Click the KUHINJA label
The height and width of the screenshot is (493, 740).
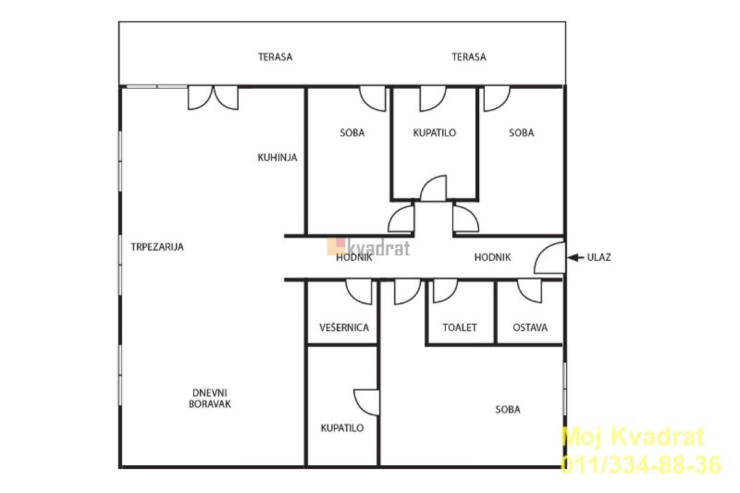(x=277, y=157)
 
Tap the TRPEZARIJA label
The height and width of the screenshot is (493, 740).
(x=157, y=247)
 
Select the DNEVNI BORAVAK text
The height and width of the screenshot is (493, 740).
(x=210, y=399)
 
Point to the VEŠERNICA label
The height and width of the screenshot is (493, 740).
(x=344, y=328)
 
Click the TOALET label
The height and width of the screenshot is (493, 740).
(x=460, y=328)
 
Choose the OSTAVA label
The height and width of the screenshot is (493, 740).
(x=530, y=328)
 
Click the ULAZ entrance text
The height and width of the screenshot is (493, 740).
(x=599, y=257)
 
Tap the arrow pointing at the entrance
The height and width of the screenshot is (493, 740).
(x=575, y=257)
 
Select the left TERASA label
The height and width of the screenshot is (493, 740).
(x=275, y=57)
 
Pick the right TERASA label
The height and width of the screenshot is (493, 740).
(x=469, y=57)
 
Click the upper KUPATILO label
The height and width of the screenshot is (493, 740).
(x=434, y=133)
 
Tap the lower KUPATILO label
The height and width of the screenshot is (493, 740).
(x=342, y=428)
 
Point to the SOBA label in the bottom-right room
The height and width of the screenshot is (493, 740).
(x=508, y=410)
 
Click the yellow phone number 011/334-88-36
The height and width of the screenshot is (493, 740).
(x=641, y=465)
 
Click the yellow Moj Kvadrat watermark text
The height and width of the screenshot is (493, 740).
(x=633, y=437)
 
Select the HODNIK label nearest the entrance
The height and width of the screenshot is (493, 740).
(x=492, y=257)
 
